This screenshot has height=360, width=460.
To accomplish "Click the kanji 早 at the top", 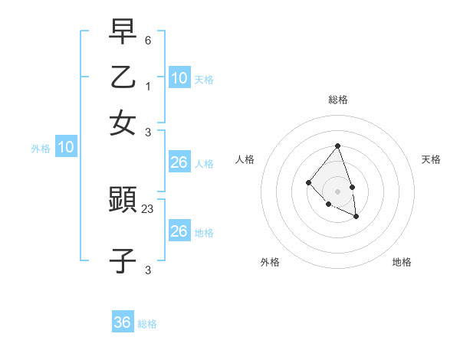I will [x=123, y=31].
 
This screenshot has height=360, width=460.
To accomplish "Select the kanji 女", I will [x=123, y=123].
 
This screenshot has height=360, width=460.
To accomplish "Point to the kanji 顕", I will [x=123, y=201].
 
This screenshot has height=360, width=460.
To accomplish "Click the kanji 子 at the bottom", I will [x=123, y=261].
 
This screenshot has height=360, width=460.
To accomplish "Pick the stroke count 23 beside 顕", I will [x=148, y=208].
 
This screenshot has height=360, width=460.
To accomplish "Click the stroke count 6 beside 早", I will [x=148, y=39].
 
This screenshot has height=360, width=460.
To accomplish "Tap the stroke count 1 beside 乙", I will [x=148, y=85].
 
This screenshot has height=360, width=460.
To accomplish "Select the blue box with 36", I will [x=123, y=322].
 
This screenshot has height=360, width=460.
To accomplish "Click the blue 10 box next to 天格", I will [x=179, y=77].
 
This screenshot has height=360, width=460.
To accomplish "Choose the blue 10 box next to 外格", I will [x=66, y=147].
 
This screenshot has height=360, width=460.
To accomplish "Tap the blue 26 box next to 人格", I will [x=179, y=162].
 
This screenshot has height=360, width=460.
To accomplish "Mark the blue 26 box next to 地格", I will [x=179, y=231].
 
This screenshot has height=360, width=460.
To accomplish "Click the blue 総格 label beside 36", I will [x=147, y=324].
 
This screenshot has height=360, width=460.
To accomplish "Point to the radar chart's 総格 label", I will [x=337, y=100].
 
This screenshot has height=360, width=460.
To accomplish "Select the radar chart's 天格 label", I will [x=431, y=159].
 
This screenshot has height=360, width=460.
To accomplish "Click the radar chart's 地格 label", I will [x=402, y=262].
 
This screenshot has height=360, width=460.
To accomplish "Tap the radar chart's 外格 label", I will [x=270, y=262].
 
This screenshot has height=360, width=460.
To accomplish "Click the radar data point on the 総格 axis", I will [x=337, y=146].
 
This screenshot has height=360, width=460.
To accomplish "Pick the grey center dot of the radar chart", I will [x=337, y=191].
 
